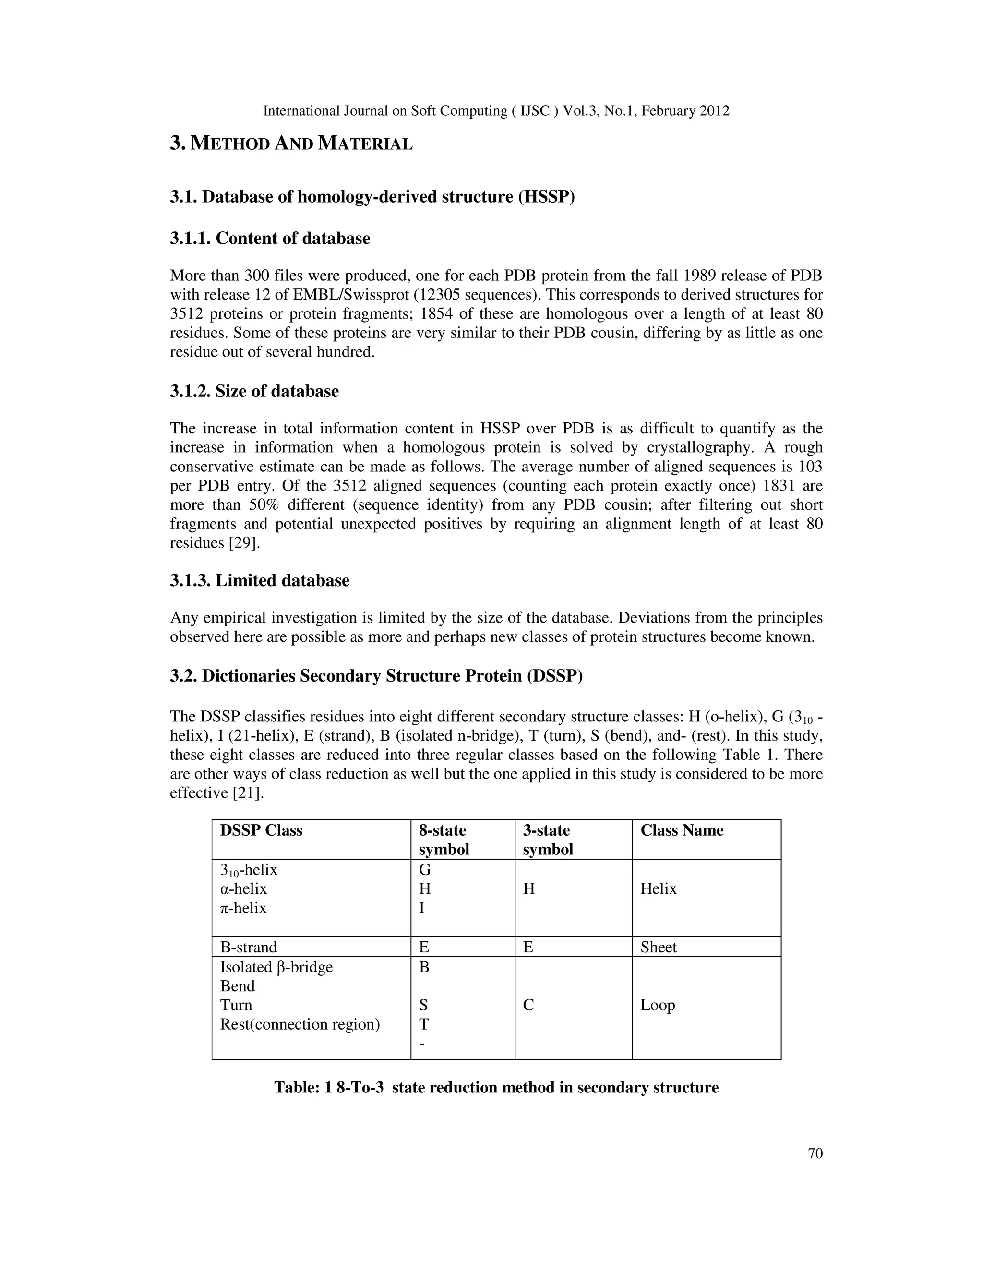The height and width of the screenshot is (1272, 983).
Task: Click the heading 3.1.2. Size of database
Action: (254, 391)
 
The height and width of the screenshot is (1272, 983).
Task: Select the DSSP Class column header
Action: (261, 830)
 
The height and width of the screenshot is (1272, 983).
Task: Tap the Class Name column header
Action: (682, 830)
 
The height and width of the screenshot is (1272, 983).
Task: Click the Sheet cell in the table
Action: (658, 947)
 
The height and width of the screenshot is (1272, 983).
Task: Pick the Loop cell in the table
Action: (658, 1005)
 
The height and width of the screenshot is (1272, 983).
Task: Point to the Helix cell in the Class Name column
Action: (658, 889)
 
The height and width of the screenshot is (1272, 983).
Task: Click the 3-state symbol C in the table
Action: (528, 1005)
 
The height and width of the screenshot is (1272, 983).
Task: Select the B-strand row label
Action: (248, 947)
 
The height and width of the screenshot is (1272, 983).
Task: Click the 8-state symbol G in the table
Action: (424, 870)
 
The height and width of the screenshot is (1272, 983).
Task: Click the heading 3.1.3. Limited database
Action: (259, 581)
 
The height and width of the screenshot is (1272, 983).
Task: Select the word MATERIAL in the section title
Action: (365, 143)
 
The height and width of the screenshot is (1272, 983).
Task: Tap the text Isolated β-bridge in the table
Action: (276, 967)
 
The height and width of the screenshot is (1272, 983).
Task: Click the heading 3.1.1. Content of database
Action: (270, 238)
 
